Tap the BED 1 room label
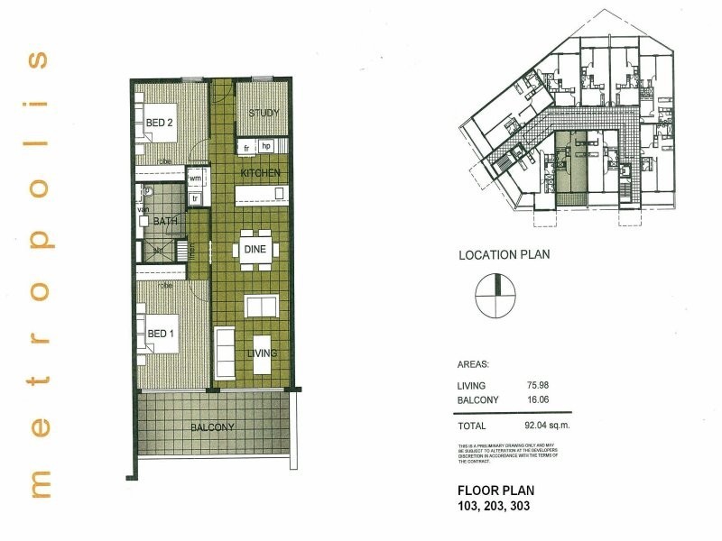(161, 335)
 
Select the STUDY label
(263, 114)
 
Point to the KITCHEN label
(260, 172)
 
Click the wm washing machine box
(195, 179)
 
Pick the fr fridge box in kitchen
(246, 146)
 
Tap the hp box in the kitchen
(266, 146)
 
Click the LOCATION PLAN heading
(504, 254)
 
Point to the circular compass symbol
(495, 295)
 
